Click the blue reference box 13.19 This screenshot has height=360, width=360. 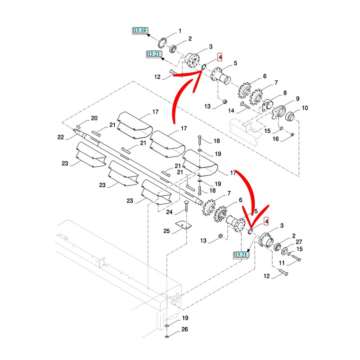click(140, 31)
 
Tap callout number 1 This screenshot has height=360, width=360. click(180, 31)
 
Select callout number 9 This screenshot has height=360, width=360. click(297, 99)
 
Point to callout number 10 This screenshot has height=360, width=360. click(305, 108)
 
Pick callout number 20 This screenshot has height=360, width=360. click(94, 118)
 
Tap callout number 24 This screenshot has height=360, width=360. click(169, 212)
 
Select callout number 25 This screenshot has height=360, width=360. click(166, 231)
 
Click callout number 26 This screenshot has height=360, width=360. click(184, 329)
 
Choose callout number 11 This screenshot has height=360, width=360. click(282, 263)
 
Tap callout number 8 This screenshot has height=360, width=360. click(285, 93)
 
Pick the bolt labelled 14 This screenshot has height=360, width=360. click(245, 105)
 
